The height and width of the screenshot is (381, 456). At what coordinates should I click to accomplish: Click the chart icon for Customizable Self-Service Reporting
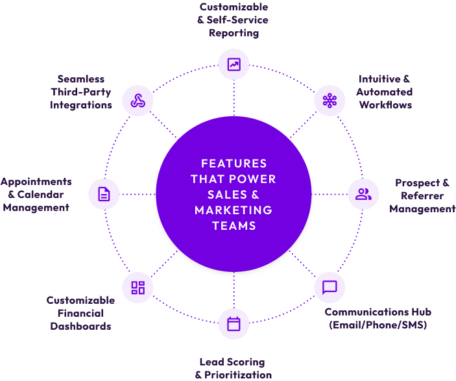click(x=234, y=64)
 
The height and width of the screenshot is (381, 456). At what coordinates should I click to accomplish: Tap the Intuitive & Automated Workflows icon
click(x=330, y=101)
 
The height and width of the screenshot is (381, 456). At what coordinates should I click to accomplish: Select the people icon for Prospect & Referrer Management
click(x=363, y=193)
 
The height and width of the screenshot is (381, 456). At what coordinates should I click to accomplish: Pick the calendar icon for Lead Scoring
click(x=234, y=323)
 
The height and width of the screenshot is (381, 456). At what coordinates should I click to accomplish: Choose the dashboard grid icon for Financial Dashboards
click(x=138, y=288)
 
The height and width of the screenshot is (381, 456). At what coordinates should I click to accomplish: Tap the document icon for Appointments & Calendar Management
click(x=104, y=193)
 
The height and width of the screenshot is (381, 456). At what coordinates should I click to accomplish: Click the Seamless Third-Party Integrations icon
click(x=138, y=101)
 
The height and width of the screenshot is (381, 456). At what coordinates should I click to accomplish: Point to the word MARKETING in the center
click(x=234, y=210)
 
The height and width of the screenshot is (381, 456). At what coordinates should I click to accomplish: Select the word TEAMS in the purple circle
click(x=234, y=226)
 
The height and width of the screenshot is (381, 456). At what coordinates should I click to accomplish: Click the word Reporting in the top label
click(x=234, y=32)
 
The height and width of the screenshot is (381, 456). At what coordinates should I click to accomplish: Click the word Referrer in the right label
click(x=422, y=196)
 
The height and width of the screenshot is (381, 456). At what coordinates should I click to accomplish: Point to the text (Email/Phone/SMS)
click(x=378, y=325)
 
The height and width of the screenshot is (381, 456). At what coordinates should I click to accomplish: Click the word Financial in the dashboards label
click(x=80, y=313)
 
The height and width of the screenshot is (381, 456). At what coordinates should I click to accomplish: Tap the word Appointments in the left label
click(x=36, y=182)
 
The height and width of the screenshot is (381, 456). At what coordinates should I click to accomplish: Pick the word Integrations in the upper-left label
click(x=81, y=104)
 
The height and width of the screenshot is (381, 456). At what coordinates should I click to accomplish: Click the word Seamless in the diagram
click(x=80, y=79)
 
